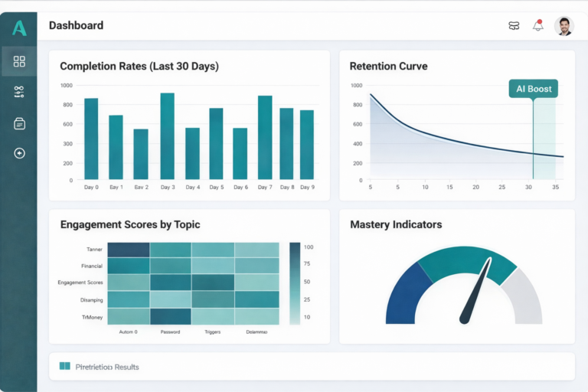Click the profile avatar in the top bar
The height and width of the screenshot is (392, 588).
[x=563, y=26]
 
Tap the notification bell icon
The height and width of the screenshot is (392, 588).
[x=538, y=26]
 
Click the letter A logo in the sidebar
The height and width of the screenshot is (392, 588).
[x=19, y=28]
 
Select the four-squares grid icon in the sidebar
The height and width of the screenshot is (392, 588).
[x=19, y=61]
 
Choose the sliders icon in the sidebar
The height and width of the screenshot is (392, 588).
[x=19, y=92]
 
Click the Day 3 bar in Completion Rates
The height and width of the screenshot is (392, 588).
[x=167, y=136]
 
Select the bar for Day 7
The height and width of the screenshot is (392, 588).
[x=265, y=138]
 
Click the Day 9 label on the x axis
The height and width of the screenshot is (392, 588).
[x=307, y=187]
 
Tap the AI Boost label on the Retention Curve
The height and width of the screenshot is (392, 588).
[x=534, y=89]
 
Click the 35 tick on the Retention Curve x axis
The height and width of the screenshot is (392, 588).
[x=556, y=187]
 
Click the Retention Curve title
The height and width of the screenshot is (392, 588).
[x=388, y=67]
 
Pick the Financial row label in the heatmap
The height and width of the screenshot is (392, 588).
[x=92, y=266]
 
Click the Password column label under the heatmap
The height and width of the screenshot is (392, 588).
[x=170, y=332]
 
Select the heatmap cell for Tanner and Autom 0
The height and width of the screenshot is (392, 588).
[x=128, y=250]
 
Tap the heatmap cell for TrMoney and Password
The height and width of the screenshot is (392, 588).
[x=170, y=316]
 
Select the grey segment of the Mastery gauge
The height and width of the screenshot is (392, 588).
[x=526, y=299]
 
